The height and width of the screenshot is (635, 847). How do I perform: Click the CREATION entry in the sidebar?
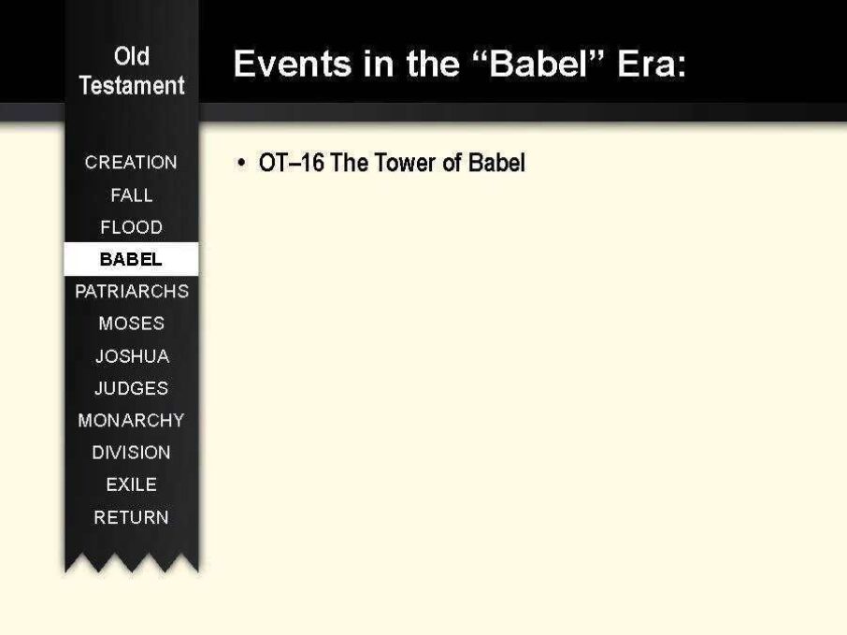(x=131, y=162)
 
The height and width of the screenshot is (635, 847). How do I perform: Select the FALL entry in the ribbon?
(x=131, y=195)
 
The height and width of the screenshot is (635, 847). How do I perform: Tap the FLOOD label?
(x=131, y=227)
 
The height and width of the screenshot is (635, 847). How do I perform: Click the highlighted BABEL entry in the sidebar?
(x=131, y=259)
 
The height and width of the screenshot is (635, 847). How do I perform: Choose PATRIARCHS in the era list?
(x=132, y=291)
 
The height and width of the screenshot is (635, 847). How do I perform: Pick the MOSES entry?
(x=131, y=324)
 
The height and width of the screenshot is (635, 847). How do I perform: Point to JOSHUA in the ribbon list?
(x=133, y=356)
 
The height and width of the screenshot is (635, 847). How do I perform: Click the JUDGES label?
(x=131, y=388)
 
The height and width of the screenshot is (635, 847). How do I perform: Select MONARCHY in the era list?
(x=131, y=420)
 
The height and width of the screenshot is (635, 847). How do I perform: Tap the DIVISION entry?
(x=131, y=452)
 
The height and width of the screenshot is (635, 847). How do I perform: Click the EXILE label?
(x=131, y=484)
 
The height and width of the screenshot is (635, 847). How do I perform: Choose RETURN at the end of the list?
(x=131, y=517)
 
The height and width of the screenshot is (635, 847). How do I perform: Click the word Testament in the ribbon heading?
(x=132, y=85)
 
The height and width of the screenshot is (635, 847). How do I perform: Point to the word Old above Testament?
(x=132, y=56)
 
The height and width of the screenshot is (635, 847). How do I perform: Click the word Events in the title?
(x=293, y=64)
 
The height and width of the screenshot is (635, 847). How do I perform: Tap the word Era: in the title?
(x=652, y=64)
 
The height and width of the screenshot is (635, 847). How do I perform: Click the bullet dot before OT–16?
(x=241, y=163)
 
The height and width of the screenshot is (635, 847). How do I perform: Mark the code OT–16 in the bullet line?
(x=291, y=163)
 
